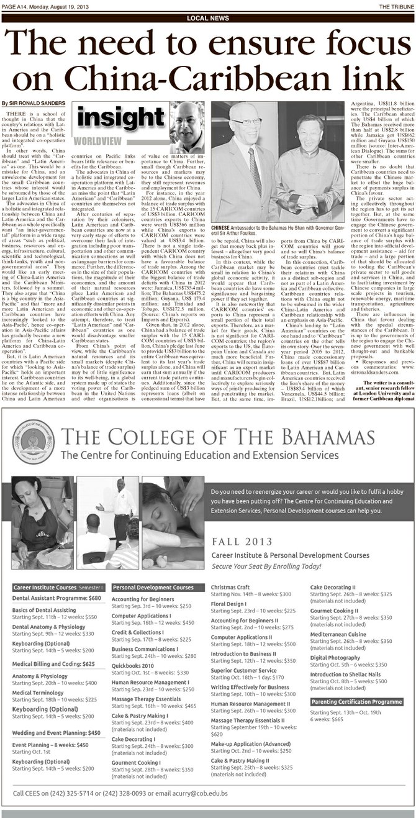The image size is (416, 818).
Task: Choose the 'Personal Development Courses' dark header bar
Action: pyautogui.click(x=153, y=587)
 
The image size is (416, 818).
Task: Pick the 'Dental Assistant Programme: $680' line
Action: pyautogui.click(x=57, y=598)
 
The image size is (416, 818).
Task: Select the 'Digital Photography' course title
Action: pyautogui.click(x=335, y=657)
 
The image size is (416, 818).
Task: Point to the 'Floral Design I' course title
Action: pyautogui.click(x=228, y=603)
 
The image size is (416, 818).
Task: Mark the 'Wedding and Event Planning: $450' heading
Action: pyautogui.click(x=57, y=733)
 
